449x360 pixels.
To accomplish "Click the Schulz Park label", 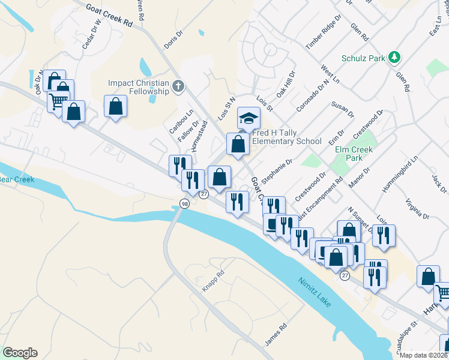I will [x=363, y=58].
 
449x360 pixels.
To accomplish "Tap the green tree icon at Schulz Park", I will [x=394, y=58].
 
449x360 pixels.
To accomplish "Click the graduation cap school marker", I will [x=249, y=117].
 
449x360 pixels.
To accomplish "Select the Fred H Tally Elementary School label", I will [x=287, y=137].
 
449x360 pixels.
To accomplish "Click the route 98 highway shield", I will [x=184, y=205].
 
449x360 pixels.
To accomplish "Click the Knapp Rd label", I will [x=212, y=281].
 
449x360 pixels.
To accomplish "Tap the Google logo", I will [x=20, y=353].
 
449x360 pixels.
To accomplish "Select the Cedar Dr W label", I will [x=92, y=37].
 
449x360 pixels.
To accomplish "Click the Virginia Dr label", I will [x=417, y=208].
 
